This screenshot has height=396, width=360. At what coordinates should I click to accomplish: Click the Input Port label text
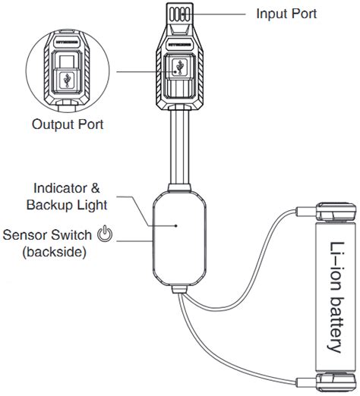[x=286, y=14]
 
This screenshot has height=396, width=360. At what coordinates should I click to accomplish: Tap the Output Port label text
[x=68, y=124]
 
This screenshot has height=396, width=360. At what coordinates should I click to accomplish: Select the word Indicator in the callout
[x=60, y=188]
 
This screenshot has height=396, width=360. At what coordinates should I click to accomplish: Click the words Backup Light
[x=67, y=205]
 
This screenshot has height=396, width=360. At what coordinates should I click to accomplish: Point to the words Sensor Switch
[x=47, y=235]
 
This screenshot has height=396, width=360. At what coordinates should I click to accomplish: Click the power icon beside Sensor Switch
[x=105, y=234]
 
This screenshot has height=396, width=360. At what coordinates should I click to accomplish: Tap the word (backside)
[x=55, y=252]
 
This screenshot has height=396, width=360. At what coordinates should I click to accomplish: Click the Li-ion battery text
[x=336, y=297]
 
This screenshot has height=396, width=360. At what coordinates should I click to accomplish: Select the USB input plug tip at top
[x=179, y=13]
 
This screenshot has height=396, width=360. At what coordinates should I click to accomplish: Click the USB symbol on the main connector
[x=180, y=67]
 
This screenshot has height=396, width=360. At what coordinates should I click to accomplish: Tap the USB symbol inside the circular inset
[x=67, y=80]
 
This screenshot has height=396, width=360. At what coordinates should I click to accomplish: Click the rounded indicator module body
[x=179, y=238]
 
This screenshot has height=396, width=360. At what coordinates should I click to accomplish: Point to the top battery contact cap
[x=336, y=212]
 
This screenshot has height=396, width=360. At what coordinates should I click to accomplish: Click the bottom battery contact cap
[x=336, y=382]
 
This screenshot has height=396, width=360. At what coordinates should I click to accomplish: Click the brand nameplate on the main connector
[x=179, y=45]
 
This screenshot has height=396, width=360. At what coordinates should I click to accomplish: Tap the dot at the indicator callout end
[x=176, y=225]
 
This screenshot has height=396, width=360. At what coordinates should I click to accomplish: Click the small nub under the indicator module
[x=179, y=290]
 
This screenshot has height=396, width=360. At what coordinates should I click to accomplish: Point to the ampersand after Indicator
[x=95, y=188]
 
